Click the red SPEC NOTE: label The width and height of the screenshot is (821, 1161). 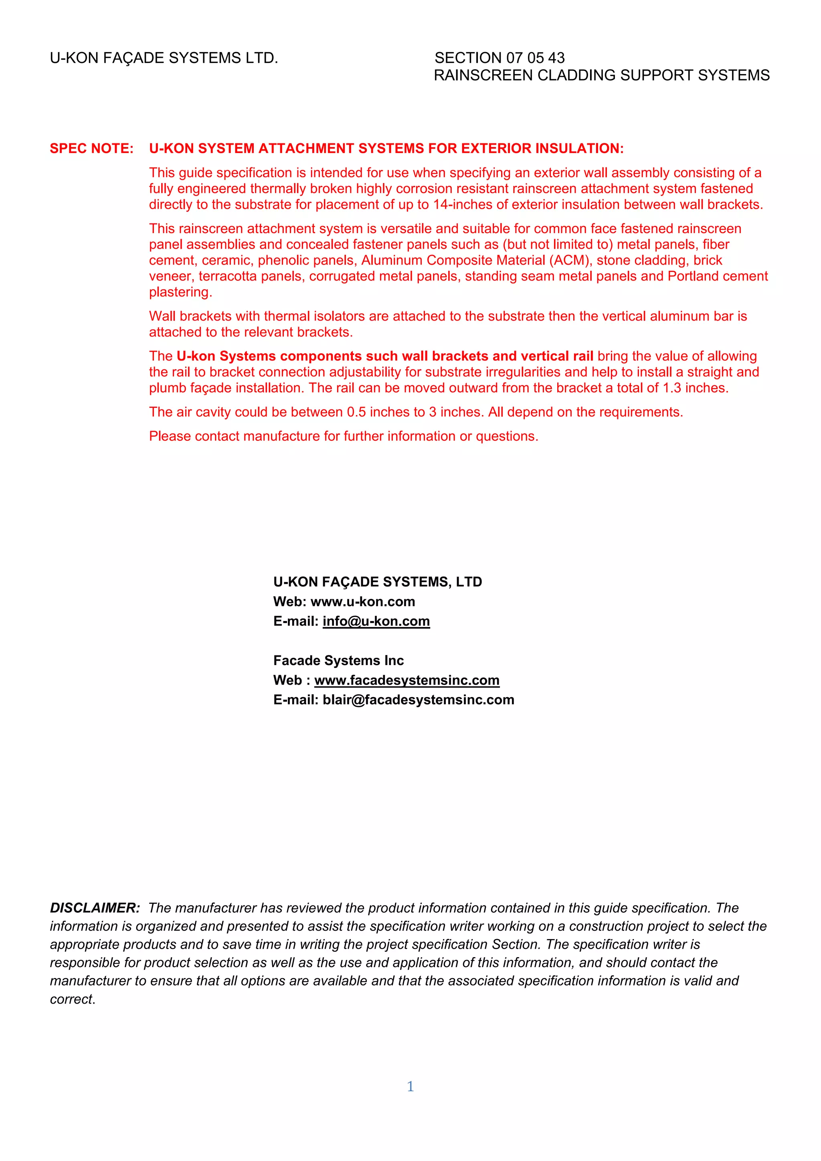pos(91,148)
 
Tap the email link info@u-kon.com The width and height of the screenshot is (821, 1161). pos(376,621)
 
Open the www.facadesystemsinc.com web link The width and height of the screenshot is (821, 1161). pos(407,680)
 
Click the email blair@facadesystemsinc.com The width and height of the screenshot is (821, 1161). pos(419,700)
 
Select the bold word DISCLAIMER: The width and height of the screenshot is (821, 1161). pos(95,908)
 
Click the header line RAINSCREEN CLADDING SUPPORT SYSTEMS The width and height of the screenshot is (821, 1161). pos(601,75)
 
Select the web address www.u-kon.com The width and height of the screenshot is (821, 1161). pos(363,602)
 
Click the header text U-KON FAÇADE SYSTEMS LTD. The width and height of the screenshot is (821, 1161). pos(164,58)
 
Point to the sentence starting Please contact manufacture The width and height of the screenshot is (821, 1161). pos(344,436)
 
